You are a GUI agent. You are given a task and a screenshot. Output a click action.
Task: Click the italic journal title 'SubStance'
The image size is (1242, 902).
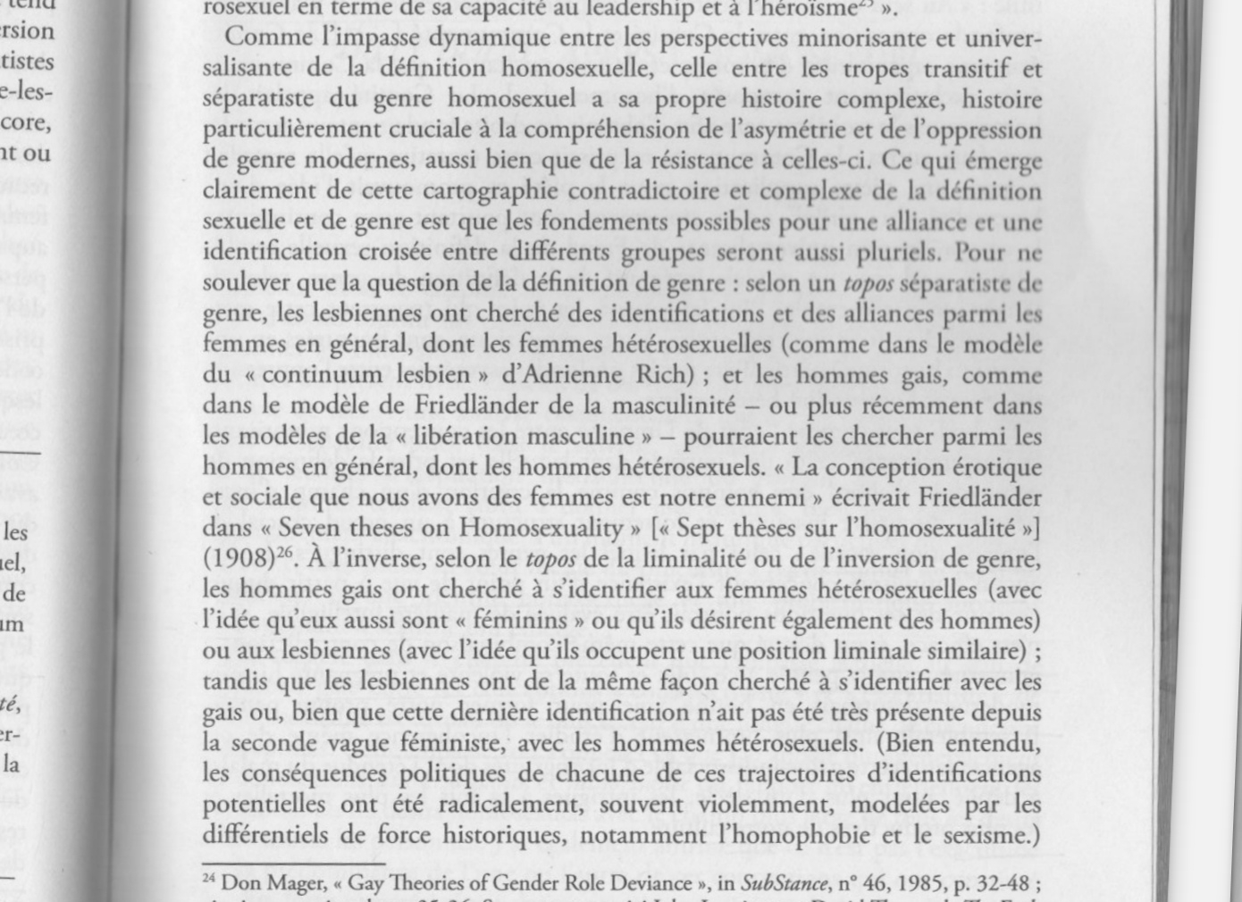point(784,884)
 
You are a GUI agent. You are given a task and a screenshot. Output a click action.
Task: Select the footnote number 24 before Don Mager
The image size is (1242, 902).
point(209,880)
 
